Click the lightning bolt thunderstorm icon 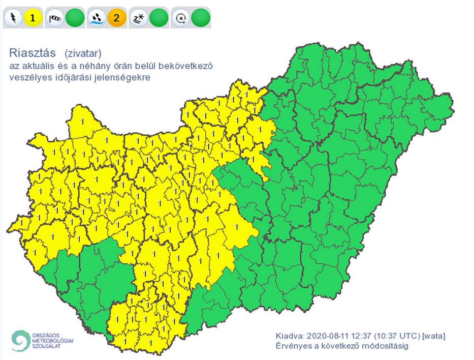click(x=13, y=19)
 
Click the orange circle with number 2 click(x=116, y=19)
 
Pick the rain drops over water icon click(x=96, y=19)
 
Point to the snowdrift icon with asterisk click(x=138, y=19)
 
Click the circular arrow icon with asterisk click(x=179, y=19)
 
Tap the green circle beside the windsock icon click(x=75, y=19)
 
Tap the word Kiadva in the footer click(x=289, y=336)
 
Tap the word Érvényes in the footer click(x=293, y=346)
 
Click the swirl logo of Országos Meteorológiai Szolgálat click(x=21, y=341)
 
